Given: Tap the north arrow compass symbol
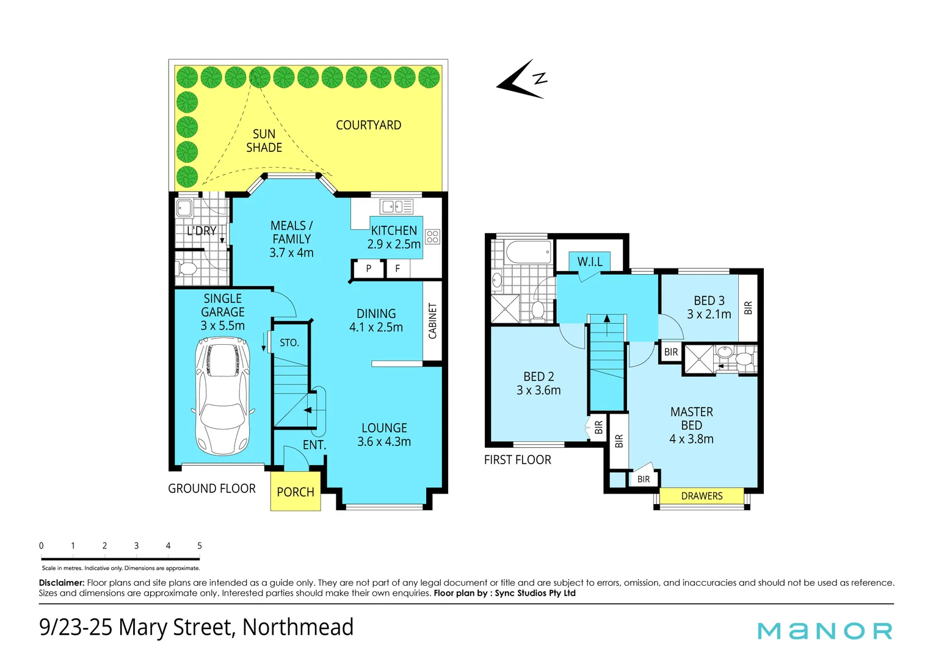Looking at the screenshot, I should pyautogui.click(x=522, y=81).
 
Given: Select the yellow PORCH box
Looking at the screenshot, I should pyautogui.click(x=296, y=491).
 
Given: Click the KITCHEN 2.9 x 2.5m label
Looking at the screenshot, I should pyautogui.click(x=394, y=237).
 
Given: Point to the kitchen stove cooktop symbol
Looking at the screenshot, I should pyautogui.click(x=432, y=236).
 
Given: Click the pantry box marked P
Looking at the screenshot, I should pyautogui.click(x=368, y=268).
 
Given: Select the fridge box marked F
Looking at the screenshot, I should pyautogui.click(x=398, y=268).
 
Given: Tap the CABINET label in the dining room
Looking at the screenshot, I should pyautogui.click(x=433, y=321).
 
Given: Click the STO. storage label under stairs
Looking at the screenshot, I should pyautogui.click(x=289, y=343).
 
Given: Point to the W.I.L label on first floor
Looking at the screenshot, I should pyautogui.click(x=590, y=262).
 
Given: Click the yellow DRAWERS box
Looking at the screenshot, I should pyautogui.click(x=702, y=496).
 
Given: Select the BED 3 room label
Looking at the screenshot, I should pyautogui.click(x=709, y=308).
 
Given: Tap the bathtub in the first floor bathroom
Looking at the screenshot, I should pyautogui.click(x=529, y=252).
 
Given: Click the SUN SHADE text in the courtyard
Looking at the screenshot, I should pyautogui.click(x=264, y=141).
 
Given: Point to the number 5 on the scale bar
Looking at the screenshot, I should pyautogui.click(x=200, y=546).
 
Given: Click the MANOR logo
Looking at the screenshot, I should pyautogui.click(x=825, y=631).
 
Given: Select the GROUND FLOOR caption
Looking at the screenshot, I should pyautogui.click(x=212, y=488).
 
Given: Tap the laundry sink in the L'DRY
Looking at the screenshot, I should pyautogui.click(x=184, y=209).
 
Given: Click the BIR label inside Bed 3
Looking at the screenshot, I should pyautogui.click(x=748, y=308).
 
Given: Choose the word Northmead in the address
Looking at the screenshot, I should pyautogui.click(x=298, y=627).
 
